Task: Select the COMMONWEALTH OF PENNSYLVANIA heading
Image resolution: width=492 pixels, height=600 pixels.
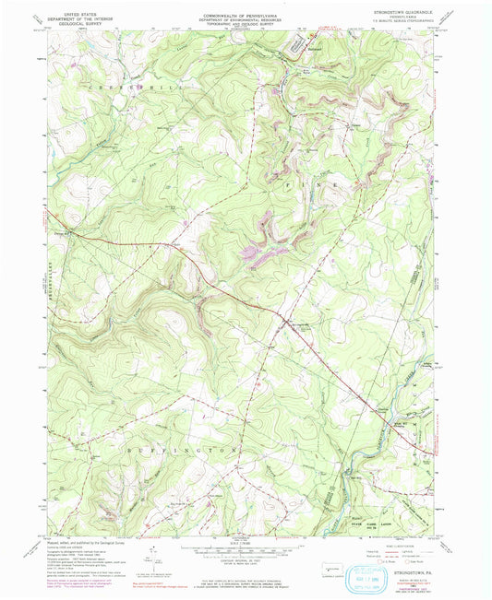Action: coord(245,12)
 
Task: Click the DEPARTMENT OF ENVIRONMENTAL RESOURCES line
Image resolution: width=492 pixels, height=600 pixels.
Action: coord(245,18)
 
